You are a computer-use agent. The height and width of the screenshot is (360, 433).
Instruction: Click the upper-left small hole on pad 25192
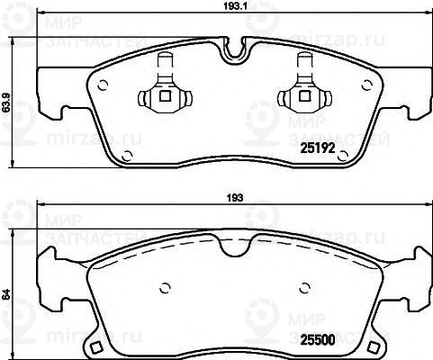pyautogui.click(x=102, y=86)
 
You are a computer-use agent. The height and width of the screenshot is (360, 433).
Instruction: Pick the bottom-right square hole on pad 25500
pyautogui.click(x=371, y=347)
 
